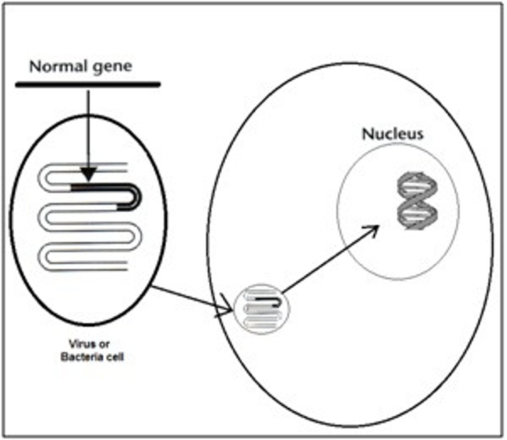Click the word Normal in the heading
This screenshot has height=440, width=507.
click(58, 67)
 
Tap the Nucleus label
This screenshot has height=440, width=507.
click(392, 134)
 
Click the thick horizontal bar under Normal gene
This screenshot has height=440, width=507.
click(88, 85)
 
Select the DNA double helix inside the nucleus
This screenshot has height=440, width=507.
click(418, 201)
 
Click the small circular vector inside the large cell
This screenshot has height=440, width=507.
click(262, 309)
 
